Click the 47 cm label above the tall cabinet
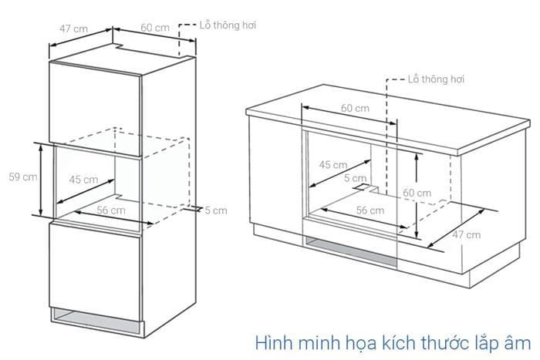pos(75,29)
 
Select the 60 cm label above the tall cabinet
pos(155,29)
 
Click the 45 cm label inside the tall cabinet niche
pos(84,180)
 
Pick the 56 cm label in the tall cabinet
pos(111,210)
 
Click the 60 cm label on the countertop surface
pos(355,108)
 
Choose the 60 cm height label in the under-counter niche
pos(417,192)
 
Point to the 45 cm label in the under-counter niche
pos(333,164)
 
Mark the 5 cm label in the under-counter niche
pos(356,177)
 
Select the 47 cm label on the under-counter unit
pos(465,234)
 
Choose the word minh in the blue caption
pos(316,340)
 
